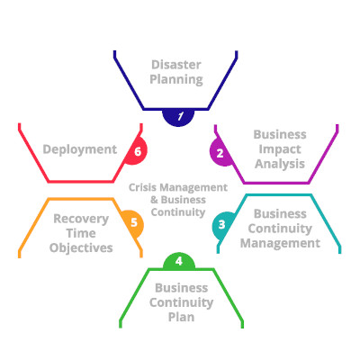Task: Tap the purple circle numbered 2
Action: pyautogui.click(x=220, y=152)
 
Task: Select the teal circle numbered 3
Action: pyautogui.click(x=222, y=225)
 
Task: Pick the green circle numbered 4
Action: pyautogui.click(x=179, y=261)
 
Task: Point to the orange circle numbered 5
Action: pyautogui.click(x=134, y=223)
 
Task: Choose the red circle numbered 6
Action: pyautogui.click(x=138, y=151)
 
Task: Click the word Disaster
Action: pyautogui.click(x=176, y=65)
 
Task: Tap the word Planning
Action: pyautogui.click(x=176, y=80)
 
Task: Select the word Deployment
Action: pyautogui.click(x=80, y=149)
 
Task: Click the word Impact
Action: pyautogui.click(x=280, y=149)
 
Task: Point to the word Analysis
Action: pyautogui.click(x=280, y=164)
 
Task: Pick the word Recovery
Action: pyautogui.click(x=81, y=219)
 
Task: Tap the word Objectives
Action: pyautogui.click(x=81, y=248)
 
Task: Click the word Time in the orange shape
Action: pyautogui.click(x=81, y=233)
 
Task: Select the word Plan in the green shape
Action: pyautogui.click(x=182, y=318)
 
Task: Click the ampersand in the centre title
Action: pyautogui.click(x=154, y=200)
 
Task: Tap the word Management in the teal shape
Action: pyautogui.click(x=280, y=243)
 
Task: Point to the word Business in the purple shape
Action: pyautogui.click(x=280, y=135)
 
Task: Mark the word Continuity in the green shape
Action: pyautogui.click(x=182, y=302)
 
